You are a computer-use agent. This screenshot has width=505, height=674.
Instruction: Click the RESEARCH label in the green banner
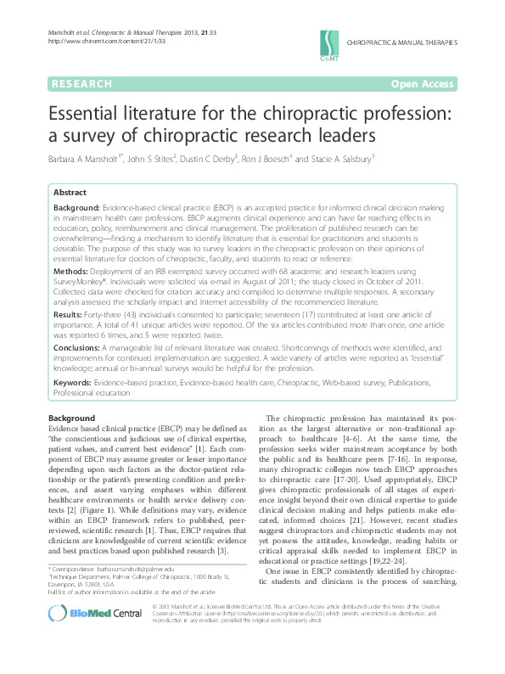pyautogui.click(x=81, y=84)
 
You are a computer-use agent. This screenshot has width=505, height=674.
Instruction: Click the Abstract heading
pyautogui.click(x=70, y=193)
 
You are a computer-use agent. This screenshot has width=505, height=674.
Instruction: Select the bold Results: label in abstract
pyautogui.click(x=70, y=314)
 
